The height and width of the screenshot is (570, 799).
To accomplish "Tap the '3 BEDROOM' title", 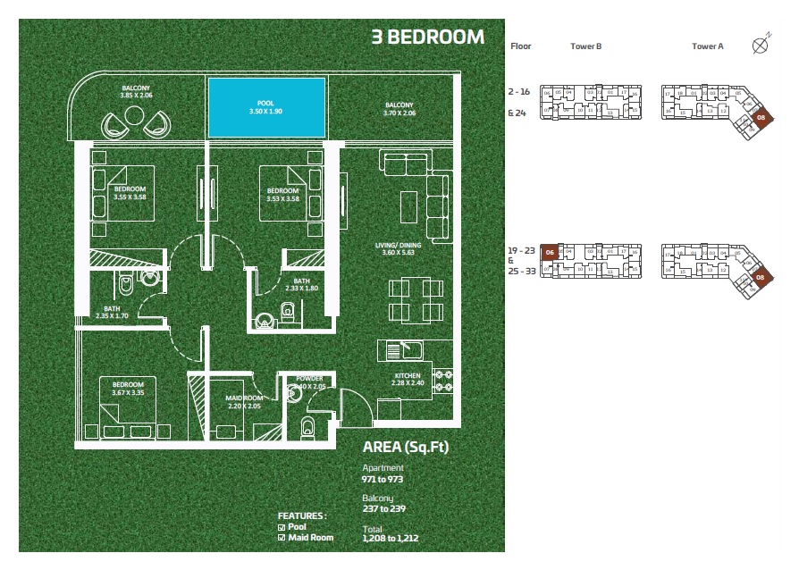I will click(x=427, y=38).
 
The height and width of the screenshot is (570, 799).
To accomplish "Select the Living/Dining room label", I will click(x=395, y=248).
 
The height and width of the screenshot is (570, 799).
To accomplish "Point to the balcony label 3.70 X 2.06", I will click(x=398, y=109).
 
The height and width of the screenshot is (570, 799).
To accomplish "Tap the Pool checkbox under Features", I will click(x=282, y=527).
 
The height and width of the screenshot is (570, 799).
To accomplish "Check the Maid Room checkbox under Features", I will click(x=282, y=537).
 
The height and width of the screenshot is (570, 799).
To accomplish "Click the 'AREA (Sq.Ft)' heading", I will click(x=406, y=447).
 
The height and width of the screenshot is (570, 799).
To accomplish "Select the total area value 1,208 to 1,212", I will click(x=391, y=540).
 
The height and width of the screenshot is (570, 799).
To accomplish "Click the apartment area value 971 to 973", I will click(x=383, y=479).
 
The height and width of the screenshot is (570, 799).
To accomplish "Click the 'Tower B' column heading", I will click(x=585, y=46).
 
